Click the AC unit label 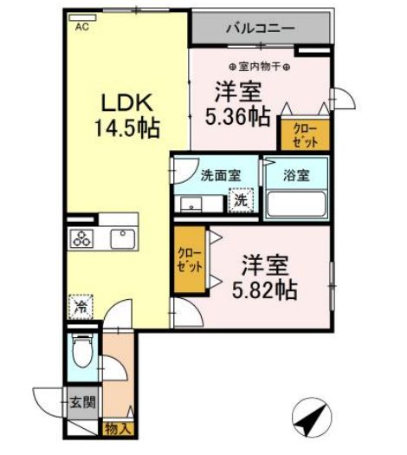coord(82,27)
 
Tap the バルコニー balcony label coord(261,29)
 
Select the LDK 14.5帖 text coord(127,115)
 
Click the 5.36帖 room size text coord(238,117)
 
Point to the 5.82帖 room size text coord(265,289)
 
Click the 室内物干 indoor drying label coord(260,67)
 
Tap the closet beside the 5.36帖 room coord(305,135)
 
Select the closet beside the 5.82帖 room coord(190,259)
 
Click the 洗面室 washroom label coord(221,175)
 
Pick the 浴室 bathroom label coord(296,175)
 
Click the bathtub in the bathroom coord(296,204)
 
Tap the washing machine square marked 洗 coord(241,200)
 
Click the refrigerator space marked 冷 coord(81,307)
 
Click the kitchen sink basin coord(123,239)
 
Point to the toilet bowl coord(82,351)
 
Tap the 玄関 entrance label coord(82,403)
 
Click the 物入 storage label coord(118,429)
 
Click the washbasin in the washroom coord(191,204)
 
